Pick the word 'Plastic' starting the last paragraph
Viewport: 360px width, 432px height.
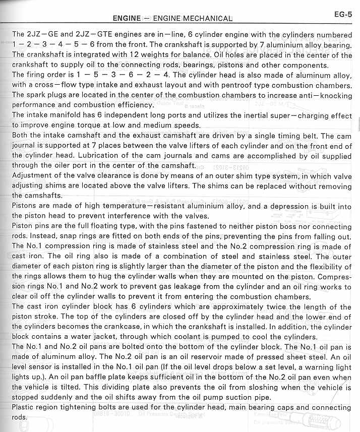click(x=26, y=407)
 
